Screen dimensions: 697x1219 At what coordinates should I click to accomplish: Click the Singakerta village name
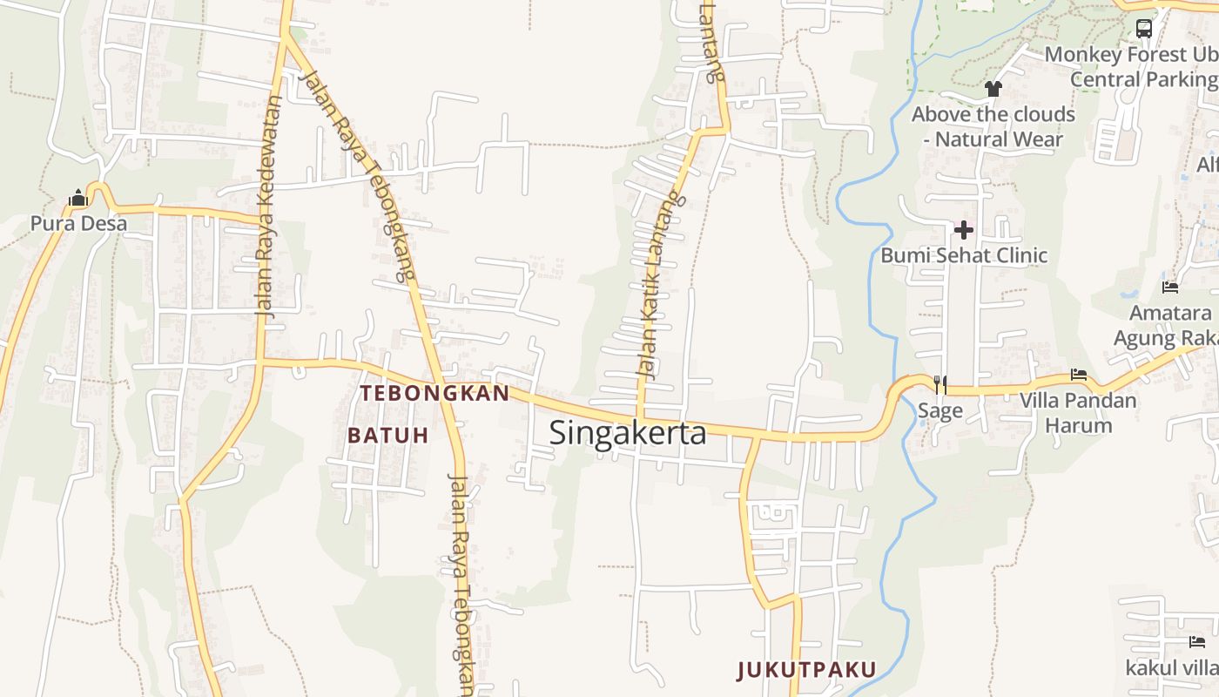coord(627,432)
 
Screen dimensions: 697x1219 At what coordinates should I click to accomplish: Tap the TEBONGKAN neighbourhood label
coord(434,393)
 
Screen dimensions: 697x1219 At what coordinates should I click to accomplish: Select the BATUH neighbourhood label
coord(388,435)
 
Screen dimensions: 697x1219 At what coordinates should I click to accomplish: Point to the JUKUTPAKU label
coord(806,670)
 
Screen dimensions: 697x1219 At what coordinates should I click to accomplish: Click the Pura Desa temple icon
coord(78,199)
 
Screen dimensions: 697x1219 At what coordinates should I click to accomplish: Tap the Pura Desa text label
coord(78,224)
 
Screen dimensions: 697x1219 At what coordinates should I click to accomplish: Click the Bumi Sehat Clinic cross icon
coord(964,230)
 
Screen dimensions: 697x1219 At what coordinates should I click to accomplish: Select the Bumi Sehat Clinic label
coord(964,255)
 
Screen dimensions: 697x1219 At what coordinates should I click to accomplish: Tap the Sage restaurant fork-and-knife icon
coord(940,384)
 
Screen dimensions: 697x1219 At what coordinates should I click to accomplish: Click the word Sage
coord(940,410)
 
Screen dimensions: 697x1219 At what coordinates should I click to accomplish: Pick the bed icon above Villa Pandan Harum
coord(1079,376)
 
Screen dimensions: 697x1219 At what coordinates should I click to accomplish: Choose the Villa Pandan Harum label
coord(1079,413)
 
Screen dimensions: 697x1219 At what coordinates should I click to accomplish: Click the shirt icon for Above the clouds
coord(993,89)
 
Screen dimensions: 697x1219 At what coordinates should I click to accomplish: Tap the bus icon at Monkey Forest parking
coord(1144,28)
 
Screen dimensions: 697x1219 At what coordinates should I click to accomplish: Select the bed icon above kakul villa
coord(1196,642)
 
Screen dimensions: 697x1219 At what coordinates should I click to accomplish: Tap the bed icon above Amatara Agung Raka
coord(1170,287)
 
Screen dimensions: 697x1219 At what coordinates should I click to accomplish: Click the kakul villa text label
coord(1172,668)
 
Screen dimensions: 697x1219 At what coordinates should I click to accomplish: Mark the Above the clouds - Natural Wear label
coord(993,126)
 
